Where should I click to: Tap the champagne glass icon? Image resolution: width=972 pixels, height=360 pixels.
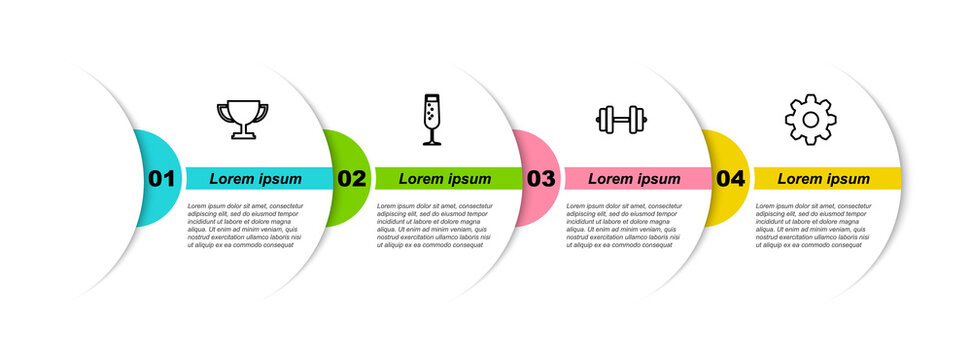(432, 119)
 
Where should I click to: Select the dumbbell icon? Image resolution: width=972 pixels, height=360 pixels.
(620, 120)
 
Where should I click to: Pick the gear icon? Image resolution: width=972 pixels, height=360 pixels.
(810, 120)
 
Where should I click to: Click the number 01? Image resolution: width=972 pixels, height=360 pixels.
(162, 179)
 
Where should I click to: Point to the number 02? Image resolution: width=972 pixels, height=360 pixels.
(351, 179)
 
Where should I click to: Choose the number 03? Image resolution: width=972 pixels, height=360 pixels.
(541, 179)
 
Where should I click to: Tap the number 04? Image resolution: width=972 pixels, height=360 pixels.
(731, 179)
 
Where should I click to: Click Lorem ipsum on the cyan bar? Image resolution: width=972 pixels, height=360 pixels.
(256, 179)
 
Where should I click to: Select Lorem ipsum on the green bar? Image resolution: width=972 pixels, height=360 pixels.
(445, 179)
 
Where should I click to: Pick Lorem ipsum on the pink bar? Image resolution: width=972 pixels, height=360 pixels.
(634, 179)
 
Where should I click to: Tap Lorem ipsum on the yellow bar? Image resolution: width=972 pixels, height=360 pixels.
(824, 179)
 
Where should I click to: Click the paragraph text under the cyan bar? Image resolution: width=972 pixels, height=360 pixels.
(244, 225)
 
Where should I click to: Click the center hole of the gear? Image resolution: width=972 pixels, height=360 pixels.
(810, 120)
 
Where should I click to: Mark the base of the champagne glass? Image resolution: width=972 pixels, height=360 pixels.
(432, 143)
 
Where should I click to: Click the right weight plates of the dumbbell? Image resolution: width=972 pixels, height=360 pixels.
(639, 120)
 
